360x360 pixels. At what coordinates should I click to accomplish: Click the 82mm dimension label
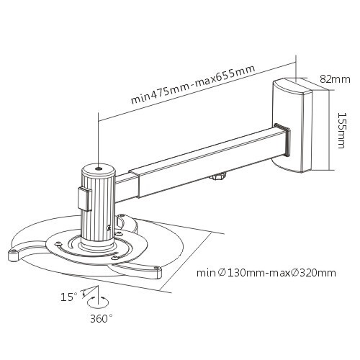(335, 79)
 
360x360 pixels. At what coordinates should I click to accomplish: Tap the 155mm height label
(341, 130)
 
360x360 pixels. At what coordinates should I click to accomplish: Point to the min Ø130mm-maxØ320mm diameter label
(266, 273)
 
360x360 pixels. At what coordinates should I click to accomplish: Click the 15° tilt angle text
(69, 297)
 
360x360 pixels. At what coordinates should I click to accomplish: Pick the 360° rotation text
(101, 319)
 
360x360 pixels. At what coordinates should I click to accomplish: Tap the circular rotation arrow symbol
(98, 302)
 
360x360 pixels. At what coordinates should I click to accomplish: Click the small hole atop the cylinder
(99, 169)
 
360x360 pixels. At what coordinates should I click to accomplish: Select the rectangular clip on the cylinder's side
(85, 199)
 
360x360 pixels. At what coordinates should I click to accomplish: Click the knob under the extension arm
(218, 176)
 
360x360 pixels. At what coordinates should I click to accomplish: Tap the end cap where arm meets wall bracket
(282, 139)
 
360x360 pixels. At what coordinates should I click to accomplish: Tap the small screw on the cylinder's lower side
(109, 227)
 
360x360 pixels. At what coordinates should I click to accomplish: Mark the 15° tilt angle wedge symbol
(90, 292)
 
